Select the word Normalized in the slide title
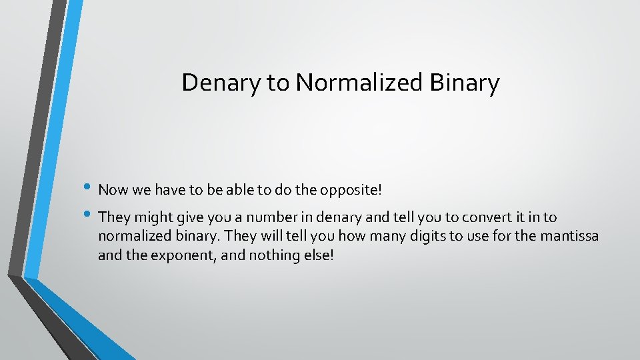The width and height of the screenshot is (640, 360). pos(359,83)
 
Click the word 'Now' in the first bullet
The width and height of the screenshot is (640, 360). pos(112,190)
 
